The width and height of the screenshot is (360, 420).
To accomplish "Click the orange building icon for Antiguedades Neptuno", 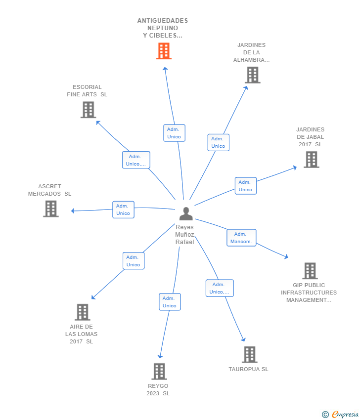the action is pos(164,51).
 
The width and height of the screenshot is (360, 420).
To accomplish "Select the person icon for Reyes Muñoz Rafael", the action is pos(186,213).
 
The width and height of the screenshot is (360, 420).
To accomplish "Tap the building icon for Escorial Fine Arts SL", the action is pos(88,110).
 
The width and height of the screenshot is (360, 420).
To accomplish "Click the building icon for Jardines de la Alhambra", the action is pos(253,75).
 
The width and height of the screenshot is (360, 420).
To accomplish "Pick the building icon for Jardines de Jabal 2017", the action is pos(311,160).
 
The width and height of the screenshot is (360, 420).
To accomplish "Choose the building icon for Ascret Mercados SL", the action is pos(50,209).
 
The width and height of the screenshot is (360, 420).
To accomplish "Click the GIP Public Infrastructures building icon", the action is pos(310,271).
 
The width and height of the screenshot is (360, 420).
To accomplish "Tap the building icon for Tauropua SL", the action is pos(250,355).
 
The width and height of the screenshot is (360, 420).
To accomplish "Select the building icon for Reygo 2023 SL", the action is pos(159,372).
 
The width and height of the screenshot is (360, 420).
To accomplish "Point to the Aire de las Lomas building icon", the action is pos(82,312).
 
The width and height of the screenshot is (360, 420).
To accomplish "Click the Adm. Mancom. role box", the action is pos(241,238).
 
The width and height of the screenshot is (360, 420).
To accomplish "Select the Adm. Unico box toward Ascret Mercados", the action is pos(123,210).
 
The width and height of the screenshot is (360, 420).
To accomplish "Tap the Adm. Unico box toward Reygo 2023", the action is pos(170,302).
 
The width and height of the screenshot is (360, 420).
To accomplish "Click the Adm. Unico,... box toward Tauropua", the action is pos(220,288).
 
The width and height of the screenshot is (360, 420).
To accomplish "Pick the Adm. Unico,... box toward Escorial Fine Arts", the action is pos(136,160).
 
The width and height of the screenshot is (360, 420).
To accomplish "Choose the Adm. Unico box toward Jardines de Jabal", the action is pos(246,186).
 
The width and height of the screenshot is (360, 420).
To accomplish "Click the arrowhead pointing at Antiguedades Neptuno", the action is pos(165,69).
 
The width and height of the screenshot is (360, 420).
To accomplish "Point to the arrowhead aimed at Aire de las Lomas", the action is pos(93,297).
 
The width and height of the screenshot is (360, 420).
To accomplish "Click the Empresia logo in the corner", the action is pos(340,415).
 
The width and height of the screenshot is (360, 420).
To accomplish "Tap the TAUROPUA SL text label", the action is pos(248,369).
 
